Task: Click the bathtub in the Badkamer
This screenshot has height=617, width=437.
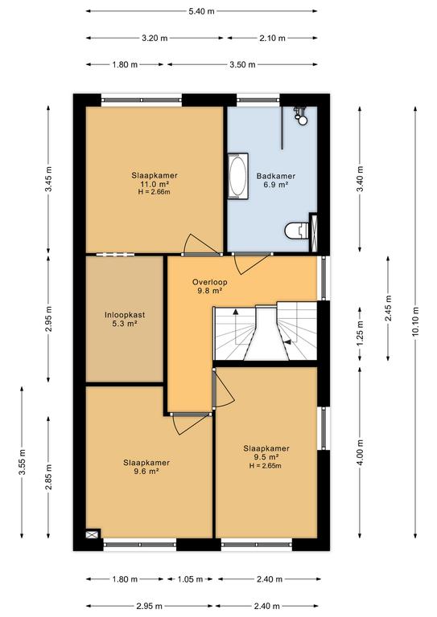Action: pos(238,176)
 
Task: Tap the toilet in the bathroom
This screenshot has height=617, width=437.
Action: pos(297,231)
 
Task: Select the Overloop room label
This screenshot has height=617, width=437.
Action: pos(209,282)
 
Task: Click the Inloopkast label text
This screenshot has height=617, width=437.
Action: pos(125,315)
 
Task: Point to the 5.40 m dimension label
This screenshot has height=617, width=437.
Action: pos(201,11)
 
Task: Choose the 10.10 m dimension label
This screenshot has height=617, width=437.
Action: pos(415,321)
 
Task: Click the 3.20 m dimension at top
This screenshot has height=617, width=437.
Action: pos(155,39)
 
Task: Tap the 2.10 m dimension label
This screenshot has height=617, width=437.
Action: pos(272,39)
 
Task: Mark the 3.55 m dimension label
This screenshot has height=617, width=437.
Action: pos(22,462)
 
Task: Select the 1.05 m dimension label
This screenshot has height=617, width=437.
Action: pos(190,578)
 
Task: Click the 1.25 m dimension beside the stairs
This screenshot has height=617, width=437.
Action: pos(360,334)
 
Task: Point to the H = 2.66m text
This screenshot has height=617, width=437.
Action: pos(154,192)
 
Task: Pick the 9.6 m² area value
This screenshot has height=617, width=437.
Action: pos(146,471)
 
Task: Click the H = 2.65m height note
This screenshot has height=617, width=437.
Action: pos(266,466)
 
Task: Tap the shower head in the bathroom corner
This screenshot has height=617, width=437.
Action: pos(302,116)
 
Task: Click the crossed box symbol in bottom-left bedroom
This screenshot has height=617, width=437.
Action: pos(93,534)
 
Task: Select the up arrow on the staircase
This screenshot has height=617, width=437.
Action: pos(236,312)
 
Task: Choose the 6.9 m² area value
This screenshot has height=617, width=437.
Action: pos(276,185)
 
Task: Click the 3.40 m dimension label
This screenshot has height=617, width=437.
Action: pos(360,179)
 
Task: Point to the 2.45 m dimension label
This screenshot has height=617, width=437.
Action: pos(388,308)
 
